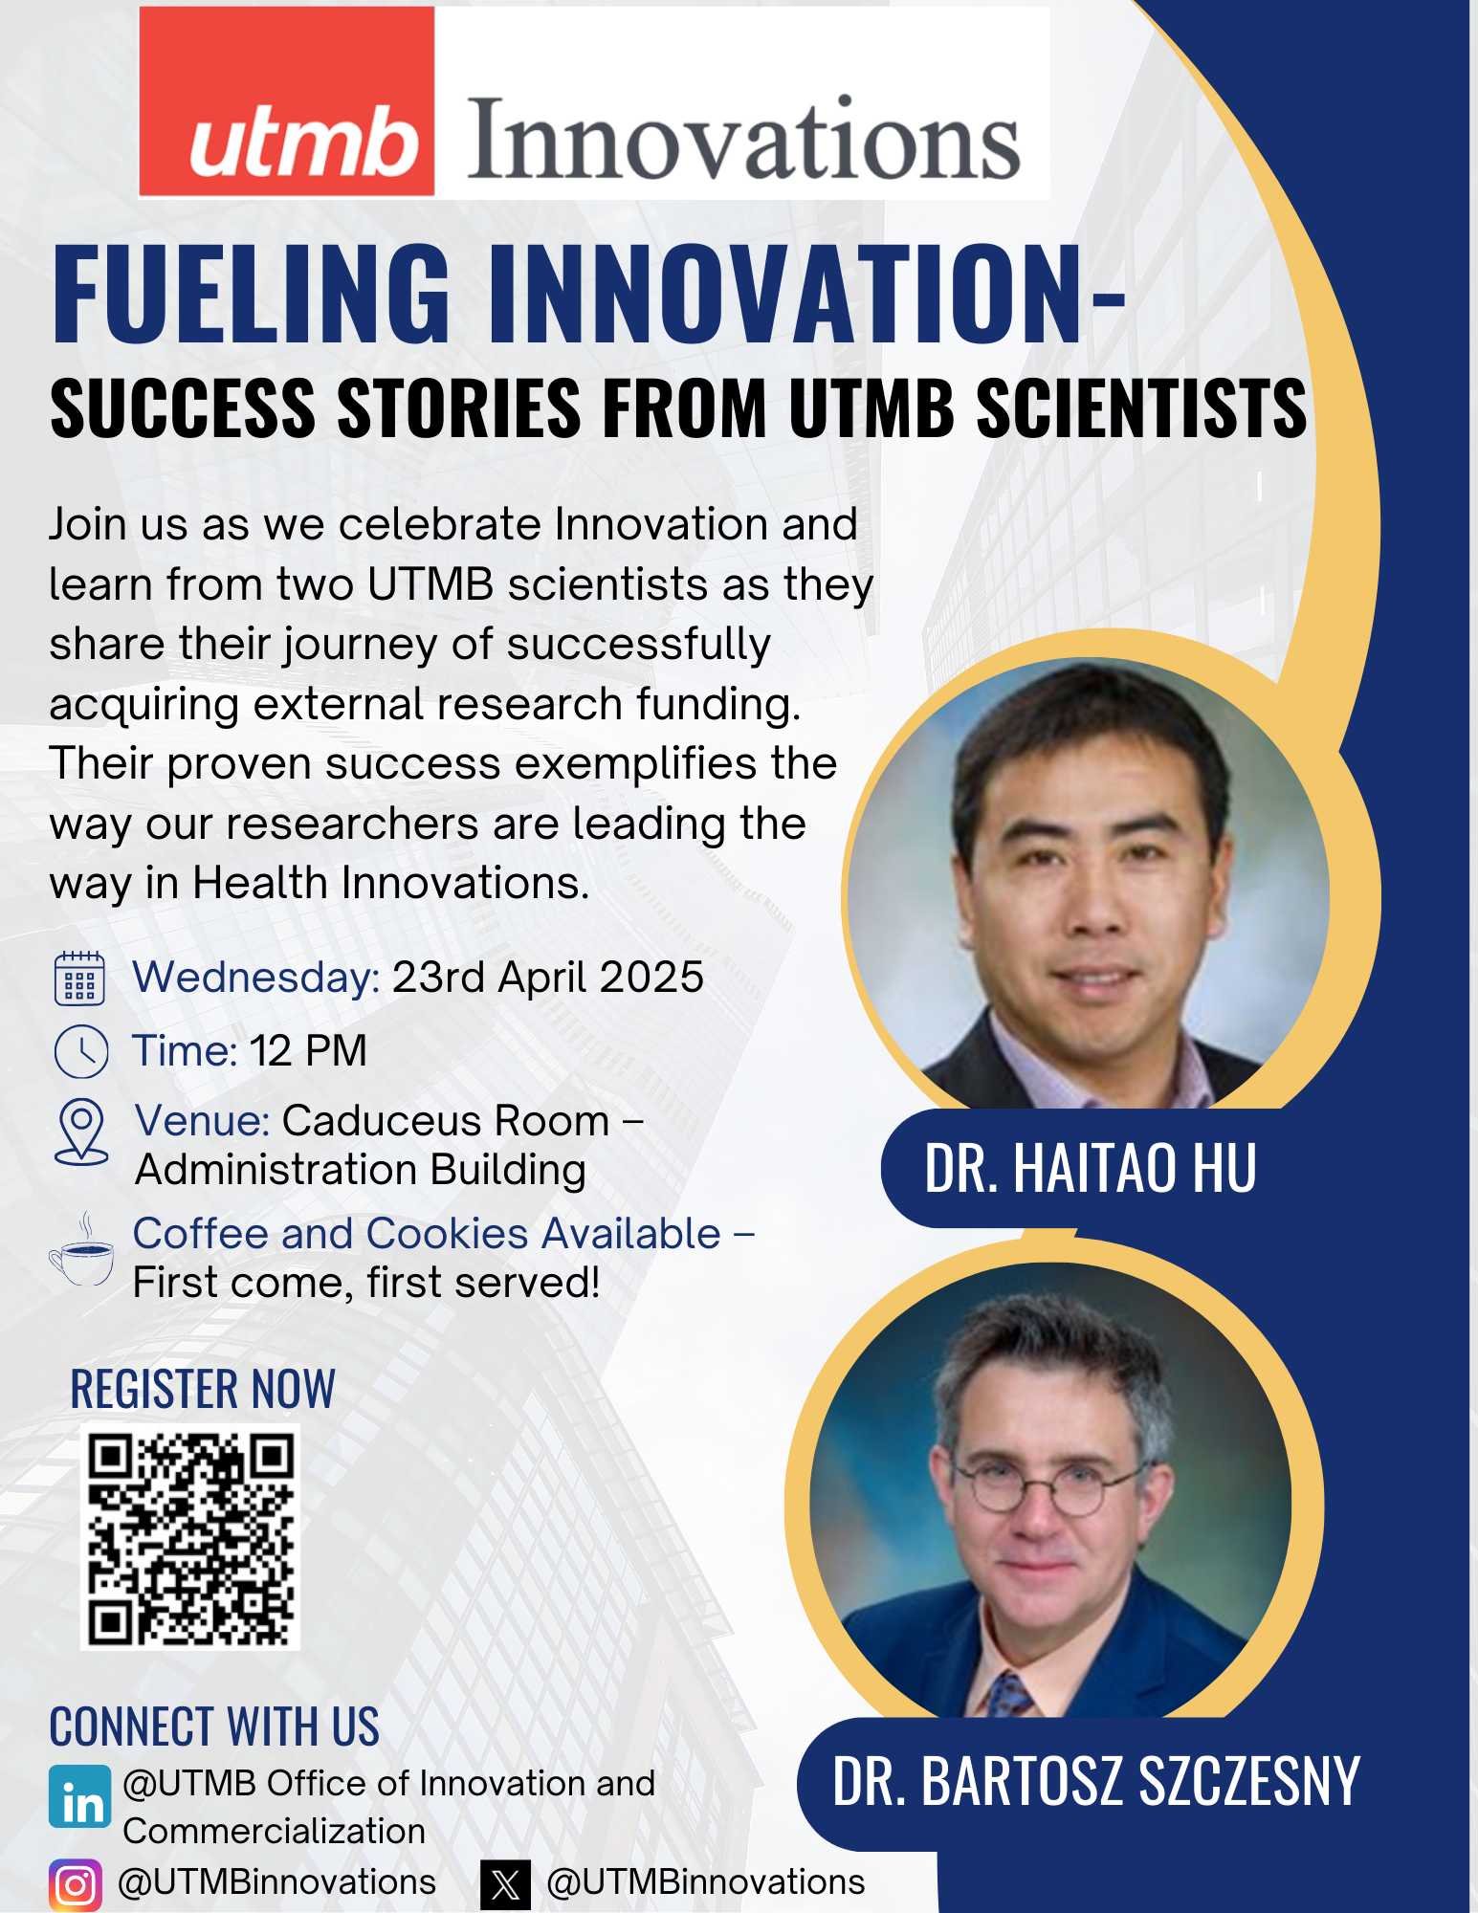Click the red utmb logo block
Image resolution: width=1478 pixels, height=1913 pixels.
pos(287,101)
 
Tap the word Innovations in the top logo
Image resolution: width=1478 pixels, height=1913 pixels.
pos(744,140)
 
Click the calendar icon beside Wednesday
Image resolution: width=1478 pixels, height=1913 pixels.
pos(79,978)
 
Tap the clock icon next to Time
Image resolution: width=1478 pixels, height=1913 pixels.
pos(81,1052)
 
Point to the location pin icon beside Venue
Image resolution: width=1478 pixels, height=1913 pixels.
pos(81,1132)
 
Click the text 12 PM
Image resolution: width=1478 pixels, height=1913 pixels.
pos(308,1051)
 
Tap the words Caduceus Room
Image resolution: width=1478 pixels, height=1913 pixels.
pos(446,1121)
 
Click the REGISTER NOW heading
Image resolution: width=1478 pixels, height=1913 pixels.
pos(203,1389)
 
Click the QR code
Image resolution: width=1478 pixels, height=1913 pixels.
pos(190,1537)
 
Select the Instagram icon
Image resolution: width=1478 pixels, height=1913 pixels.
pos(76,1885)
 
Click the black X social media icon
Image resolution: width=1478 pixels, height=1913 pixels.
pos(505,1884)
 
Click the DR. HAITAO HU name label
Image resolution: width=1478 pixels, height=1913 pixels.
pos(1091,1168)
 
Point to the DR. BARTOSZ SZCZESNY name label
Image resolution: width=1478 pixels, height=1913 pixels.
pos(1096,1782)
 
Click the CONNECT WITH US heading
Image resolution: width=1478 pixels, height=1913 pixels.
pos(214,1726)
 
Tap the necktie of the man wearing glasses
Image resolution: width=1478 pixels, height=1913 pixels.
pos(1010,1695)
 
